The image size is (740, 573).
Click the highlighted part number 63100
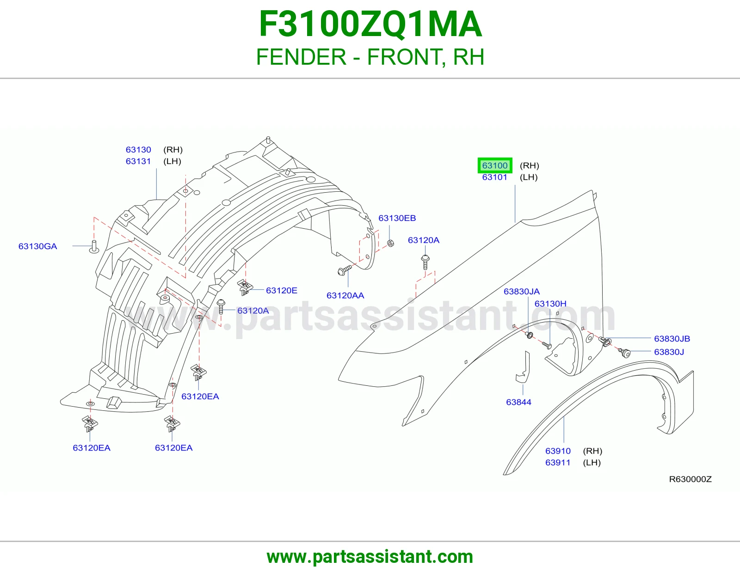click(x=495, y=165)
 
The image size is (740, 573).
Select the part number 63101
click(x=495, y=177)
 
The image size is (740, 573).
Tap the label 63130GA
click(x=38, y=246)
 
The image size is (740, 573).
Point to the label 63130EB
click(x=397, y=218)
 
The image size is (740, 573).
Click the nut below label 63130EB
click(x=391, y=243)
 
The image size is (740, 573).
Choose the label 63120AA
click(x=345, y=295)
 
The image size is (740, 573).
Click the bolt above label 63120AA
click(x=345, y=270)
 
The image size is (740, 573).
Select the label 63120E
click(x=282, y=290)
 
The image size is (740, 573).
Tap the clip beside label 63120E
click(x=245, y=287)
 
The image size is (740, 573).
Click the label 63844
click(x=518, y=402)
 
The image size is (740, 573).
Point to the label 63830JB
click(x=672, y=339)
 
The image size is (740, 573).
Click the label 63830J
click(x=669, y=352)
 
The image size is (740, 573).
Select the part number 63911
click(x=558, y=463)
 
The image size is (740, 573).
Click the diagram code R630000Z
click(x=690, y=479)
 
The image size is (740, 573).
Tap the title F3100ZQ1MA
click(x=370, y=24)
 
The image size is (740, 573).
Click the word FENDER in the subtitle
click(x=301, y=57)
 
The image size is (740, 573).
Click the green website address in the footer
click(x=370, y=557)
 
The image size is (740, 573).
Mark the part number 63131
click(x=138, y=161)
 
